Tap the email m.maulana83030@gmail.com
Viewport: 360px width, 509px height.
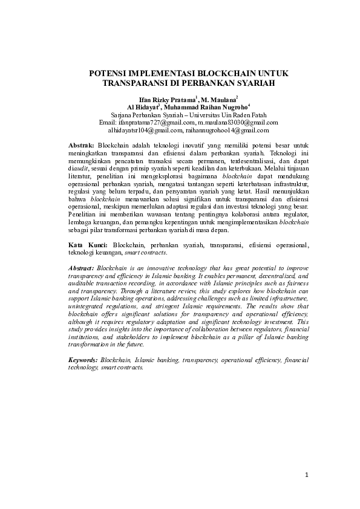click(x=238, y=122)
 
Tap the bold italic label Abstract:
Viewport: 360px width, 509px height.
click(x=82, y=267)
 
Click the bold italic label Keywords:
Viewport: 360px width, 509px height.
click(x=83, y=360)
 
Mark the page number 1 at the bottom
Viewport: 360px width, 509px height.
click(x=307, y=475)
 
